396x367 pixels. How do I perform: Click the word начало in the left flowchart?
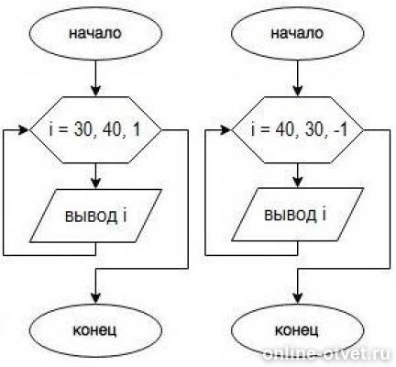click(95, 33)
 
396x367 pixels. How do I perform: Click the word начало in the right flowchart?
click(297, 33)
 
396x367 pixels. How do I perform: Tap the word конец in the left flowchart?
click(95, 330)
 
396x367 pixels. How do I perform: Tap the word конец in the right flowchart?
click(297, 330)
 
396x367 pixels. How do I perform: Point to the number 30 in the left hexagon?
click(83, 130)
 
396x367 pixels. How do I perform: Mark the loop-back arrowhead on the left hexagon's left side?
click(24, 130)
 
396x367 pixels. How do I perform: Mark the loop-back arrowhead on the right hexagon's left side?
click(226, 130)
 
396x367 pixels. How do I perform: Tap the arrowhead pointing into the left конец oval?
click(96, 297)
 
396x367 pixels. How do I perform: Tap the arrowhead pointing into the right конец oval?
click(298, 297)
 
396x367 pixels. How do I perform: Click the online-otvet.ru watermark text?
click(327, 355)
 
